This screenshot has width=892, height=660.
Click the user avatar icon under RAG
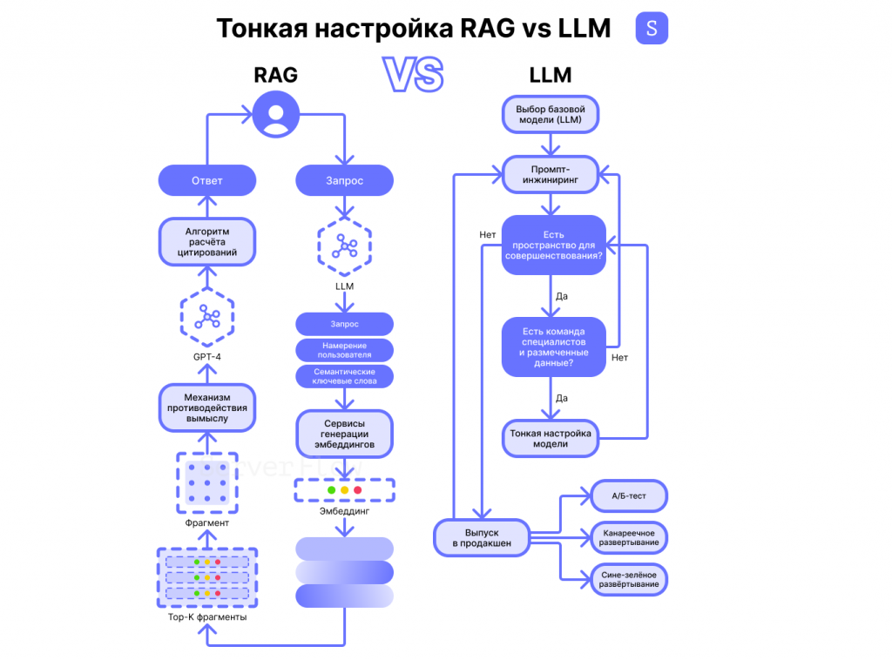(275, 114)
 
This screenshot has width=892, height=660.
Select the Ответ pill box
(207, 181)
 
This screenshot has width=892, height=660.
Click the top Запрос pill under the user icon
(344, 181)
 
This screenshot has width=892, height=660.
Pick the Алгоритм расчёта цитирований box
(207, 241)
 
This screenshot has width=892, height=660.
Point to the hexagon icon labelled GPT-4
(207, 317)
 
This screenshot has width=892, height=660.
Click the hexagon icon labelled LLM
(344, 247)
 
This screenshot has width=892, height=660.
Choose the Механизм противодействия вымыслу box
(207, 407)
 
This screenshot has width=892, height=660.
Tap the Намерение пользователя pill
(344, 350)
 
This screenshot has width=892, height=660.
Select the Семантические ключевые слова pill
(344, 376)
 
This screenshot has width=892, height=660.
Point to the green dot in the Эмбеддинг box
(331, 490)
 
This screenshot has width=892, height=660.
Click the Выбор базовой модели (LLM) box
(551, 115)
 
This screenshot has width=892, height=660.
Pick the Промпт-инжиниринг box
(551, 174)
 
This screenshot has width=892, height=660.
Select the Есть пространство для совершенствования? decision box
(553, 246)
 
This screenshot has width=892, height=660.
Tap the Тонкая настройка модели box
(551, 438)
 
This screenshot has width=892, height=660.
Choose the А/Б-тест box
(629, 495)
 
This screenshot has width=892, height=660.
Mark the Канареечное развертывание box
(629, 536)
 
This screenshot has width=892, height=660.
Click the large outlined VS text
(414, 76)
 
